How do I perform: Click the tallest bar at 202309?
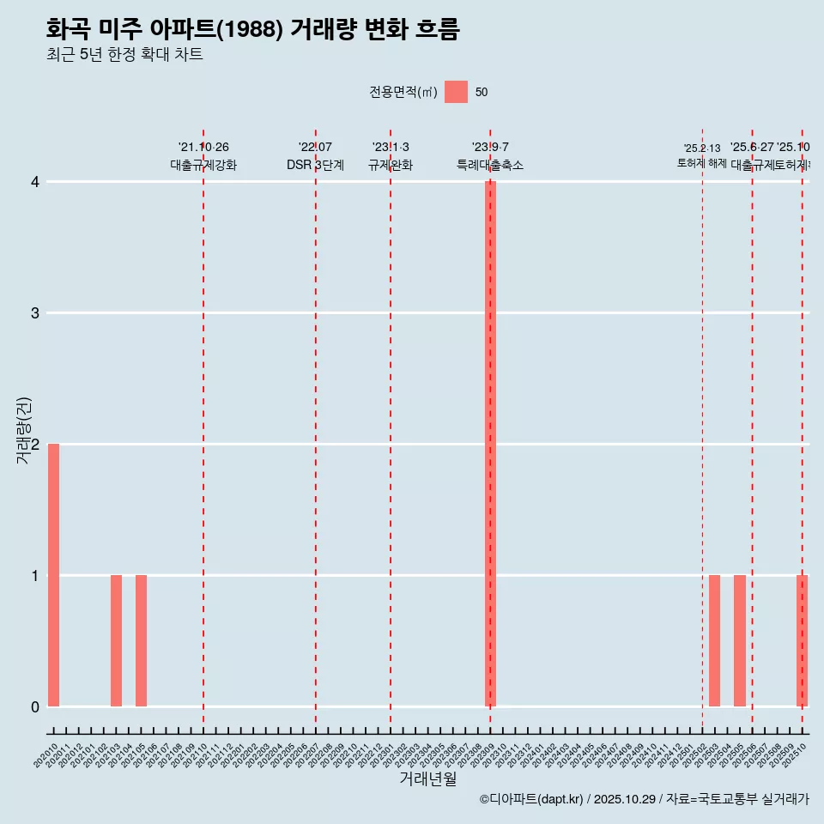tap(490, 444)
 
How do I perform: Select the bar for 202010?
tap(53, 575)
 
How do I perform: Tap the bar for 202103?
tap(116, 640)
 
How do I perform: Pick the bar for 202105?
tap(141, 640)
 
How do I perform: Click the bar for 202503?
tap(714, 640)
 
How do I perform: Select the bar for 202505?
tap(739, 640)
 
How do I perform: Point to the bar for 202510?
tap(802, 640)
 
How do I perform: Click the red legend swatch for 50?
tap(456, 92)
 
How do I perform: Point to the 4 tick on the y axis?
tap(35, 182)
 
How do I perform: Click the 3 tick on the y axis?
tap(35, 313)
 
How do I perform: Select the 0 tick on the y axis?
tap(35, 706)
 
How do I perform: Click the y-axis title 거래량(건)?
tap(24, 431)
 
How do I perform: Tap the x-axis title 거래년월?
tap(427, 779)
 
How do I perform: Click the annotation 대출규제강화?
tap(203, 165)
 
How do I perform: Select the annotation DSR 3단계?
tap(315, 165)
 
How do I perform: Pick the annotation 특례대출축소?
tap(489, 165)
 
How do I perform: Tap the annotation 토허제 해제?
tap(701, 163)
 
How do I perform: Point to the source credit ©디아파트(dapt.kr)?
tap(532, 800)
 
